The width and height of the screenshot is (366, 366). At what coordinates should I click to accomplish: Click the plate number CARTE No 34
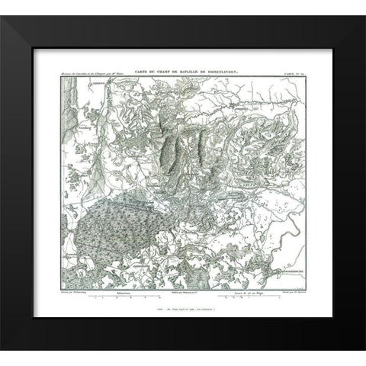click(290, 70)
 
